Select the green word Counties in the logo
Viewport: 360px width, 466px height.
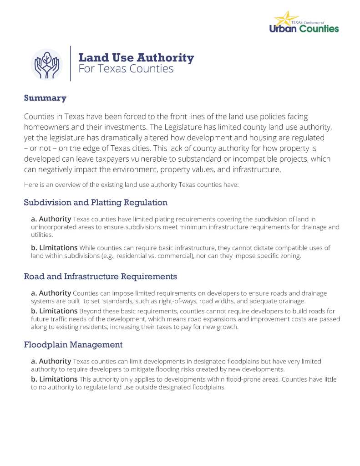tap(320, 29)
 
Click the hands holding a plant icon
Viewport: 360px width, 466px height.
tap(46, 64)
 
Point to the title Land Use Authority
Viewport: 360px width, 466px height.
tap(136, 58)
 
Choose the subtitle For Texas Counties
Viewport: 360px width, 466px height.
tap(126, 69)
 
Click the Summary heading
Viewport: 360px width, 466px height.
tap(45, 98)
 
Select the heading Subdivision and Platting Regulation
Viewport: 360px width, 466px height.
tap(96, 202)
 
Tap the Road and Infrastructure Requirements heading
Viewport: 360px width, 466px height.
tap(100, 277)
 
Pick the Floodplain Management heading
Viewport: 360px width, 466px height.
tap(73, 345)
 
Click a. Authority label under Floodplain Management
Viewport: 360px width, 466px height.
tap(51, 361)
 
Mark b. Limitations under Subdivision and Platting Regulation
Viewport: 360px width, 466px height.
tap(54, 248)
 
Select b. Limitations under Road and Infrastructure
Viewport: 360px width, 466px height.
tap(54, 311)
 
